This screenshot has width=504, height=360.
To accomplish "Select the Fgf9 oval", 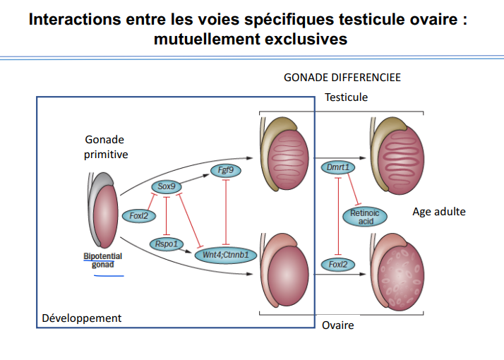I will [224, 170].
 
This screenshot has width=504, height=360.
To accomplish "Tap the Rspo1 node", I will [167, 244].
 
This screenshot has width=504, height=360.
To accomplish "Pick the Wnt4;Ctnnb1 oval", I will [224, 253].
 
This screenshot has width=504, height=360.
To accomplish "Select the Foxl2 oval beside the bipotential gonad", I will [137, 215].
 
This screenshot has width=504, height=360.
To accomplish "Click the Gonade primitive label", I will [106, 147].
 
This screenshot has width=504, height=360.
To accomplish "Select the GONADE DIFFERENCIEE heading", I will [342, 78].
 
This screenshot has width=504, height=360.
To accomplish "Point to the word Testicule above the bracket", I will [346, 97].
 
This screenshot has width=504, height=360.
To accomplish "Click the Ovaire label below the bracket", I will [337, 325].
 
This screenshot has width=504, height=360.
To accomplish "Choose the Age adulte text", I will [439, 212].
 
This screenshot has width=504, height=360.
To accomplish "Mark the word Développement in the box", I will [82, 318].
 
